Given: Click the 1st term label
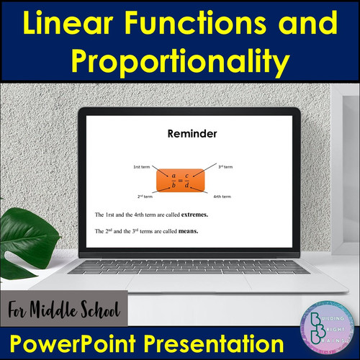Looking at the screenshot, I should pos(141,167).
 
